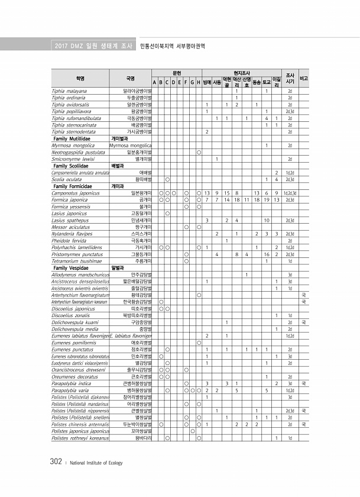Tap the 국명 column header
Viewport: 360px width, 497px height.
[131, 78]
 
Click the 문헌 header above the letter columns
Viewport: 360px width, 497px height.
[176, 72]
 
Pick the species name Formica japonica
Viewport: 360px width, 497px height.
[70, 199]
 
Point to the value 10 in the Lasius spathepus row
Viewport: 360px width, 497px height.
[267, 220]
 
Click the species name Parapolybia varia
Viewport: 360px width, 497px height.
[70, 390]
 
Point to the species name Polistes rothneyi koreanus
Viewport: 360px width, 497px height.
[80, 438]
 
